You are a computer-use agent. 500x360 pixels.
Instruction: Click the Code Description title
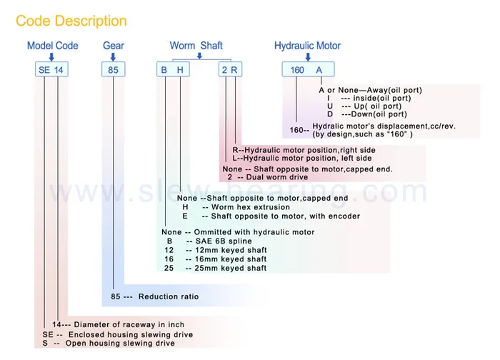[71, 21]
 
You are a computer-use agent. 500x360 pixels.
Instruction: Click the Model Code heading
[52, 46]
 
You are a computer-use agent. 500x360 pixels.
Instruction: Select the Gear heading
[113, 46]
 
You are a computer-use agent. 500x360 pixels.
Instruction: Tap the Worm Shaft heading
[196, 46]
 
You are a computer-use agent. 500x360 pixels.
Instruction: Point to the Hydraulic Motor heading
[307, 46]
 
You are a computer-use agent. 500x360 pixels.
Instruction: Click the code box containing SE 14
[52, 70]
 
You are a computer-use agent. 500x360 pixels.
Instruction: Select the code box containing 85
[113, 70]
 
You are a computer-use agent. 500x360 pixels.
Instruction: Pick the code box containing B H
[174, 70]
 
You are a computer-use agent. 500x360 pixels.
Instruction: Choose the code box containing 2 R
[230, 70]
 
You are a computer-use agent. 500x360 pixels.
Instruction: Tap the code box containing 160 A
[308, 70]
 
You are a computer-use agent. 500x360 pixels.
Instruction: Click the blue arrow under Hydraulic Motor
[307, 57]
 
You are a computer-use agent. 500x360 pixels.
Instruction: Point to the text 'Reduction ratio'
[169, 296]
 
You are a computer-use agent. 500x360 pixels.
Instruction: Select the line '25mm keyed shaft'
[226, 269]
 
